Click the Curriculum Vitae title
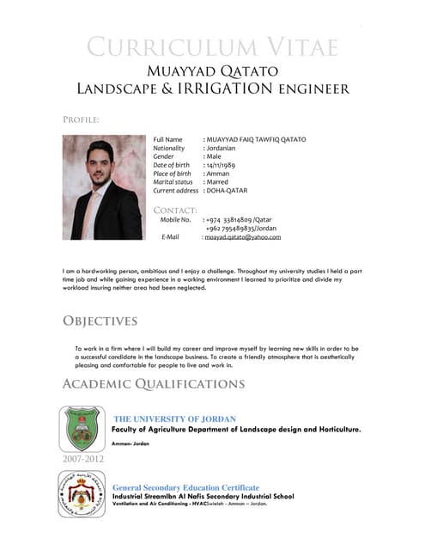(212, 46)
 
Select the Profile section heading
(82, 119)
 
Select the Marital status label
(173, 182)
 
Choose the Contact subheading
(175, 210)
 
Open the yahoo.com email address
(244, 236)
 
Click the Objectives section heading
(100, 321)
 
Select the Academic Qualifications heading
(154, 383)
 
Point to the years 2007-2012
(84, 460)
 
